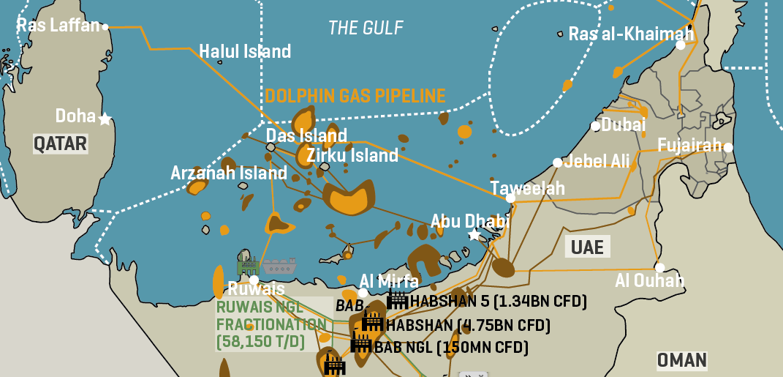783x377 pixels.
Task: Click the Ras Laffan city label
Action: pyautogui.click(x=58, y=26)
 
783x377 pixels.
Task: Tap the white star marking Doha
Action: pyautogui.click(x=105, y=118)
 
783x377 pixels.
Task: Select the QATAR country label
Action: pyautogui.click(x=60, y=143)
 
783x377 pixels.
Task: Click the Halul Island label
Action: pyautogui.click(x=245, y=51)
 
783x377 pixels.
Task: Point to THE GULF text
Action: pyautogui.click(x=366, y=28)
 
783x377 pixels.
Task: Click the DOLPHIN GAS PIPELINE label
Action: pyautogui.click(x=355, y=96)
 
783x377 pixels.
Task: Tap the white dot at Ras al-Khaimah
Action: pyautogui.click(x=681, y=45)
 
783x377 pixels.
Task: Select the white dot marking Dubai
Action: pyautogui.click(x=595, y=126)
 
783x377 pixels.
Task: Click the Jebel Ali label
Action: pyautogui.click(x=597, y=161)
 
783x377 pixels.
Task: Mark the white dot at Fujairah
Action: pyautogui.click(x=728, y=147)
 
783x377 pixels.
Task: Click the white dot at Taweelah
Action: pyautogui.click(x=510, y=198)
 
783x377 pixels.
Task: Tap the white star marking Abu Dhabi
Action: pyautogui.click(x=474, y=235)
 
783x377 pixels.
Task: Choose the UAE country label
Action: pyautogui.click(x=587, y=247)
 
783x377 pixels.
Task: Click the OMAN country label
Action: pyautogui.click(x=681, y=360)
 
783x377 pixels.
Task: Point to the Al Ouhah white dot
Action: pyautogui.click(x=660, y=267)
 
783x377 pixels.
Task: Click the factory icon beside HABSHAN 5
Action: pyautogui.click(x=397, y=299)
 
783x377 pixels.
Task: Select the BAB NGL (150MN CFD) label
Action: pyautogui.click(x=450, y=348)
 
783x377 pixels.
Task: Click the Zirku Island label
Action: pyautogui.click(x=352, y=155)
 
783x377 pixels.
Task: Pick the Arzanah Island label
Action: pyautogui.click(x=228, y=173)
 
